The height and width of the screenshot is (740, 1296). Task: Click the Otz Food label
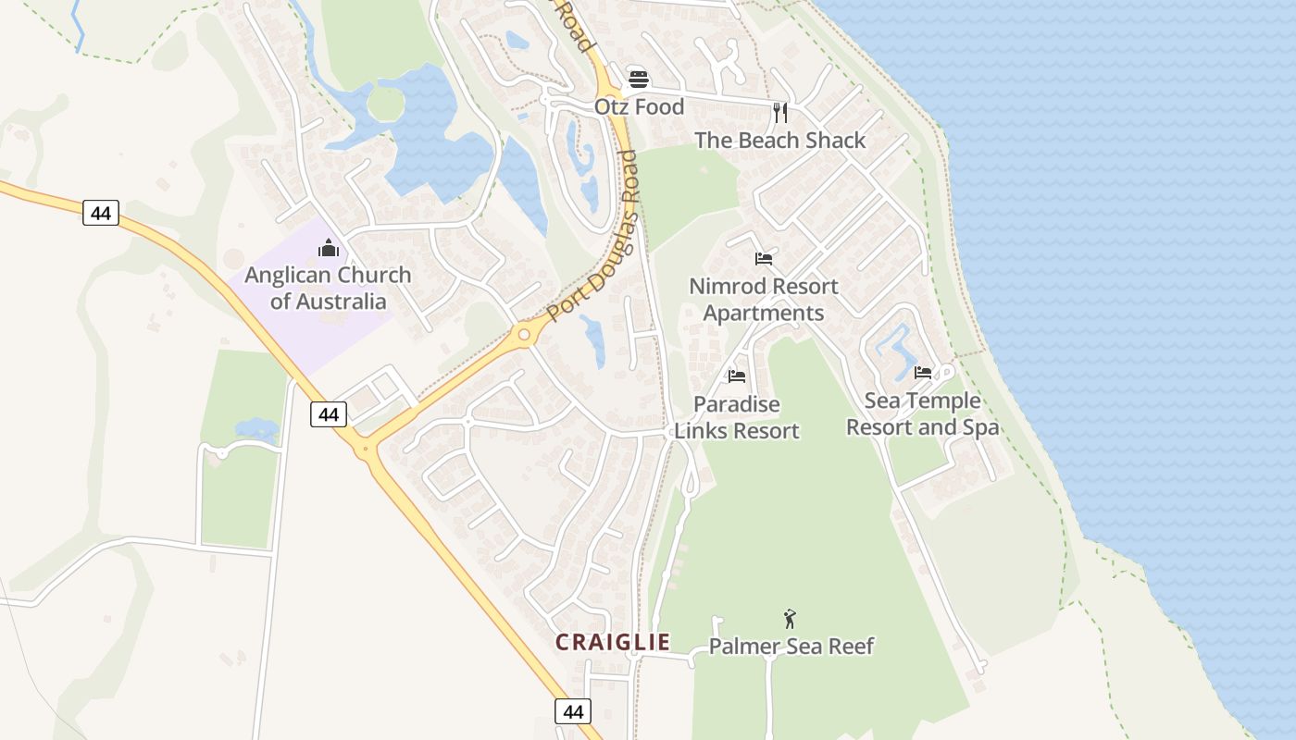(x=639, y=106)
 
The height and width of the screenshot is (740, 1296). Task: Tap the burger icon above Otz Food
(x=638, y=79)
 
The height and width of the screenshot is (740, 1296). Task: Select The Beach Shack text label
(x=779, y=141)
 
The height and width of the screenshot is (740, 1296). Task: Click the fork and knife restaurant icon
(x=779, y=113)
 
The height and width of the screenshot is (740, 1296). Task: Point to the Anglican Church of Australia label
(x=328, y=288)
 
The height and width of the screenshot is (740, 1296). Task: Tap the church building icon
(x=328, y=248)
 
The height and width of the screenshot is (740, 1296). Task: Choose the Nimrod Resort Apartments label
(x=764, y=300)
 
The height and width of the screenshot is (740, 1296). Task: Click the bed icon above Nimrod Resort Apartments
(x=764, y=259)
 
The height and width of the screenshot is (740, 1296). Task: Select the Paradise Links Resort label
(x=737, y=417)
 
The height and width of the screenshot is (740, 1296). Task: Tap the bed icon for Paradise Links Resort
(x=737, y=376)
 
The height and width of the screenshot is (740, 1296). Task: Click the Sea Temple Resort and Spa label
(x=922, y=413)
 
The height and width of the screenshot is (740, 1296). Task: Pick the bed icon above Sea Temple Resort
(x=922, y=373)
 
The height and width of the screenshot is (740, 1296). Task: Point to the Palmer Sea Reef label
(x=791, y=646)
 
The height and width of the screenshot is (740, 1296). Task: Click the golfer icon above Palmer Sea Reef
(x=790, y=618)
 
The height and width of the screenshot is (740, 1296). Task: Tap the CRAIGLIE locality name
(x=612, y=642)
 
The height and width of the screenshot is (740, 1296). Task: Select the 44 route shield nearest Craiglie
(x=573, y=711)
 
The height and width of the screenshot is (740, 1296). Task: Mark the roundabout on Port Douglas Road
(x=525, y=334)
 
